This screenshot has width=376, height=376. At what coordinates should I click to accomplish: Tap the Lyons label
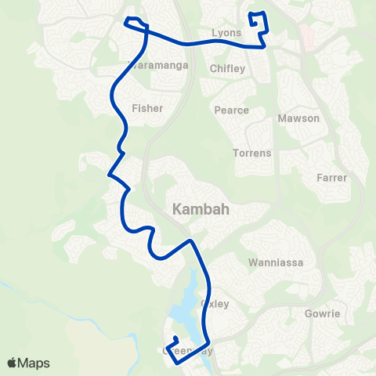tap(226, 34)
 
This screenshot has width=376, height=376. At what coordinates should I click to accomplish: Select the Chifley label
tap(228, 69)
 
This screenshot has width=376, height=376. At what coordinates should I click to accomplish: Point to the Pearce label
tap(232, 110)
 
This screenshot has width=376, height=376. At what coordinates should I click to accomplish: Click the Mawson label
tap(298, 118)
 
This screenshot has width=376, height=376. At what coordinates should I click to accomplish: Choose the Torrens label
tap(252, 153)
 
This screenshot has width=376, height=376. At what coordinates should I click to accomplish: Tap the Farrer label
tap(332, 178)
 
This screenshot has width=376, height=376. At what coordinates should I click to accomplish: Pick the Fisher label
tap(147, 108)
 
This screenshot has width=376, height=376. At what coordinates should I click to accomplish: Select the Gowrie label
tap(322, 313)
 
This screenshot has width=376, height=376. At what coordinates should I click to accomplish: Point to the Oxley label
tap(215, 303)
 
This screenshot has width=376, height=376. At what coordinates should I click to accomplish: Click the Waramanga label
tap(161, 66)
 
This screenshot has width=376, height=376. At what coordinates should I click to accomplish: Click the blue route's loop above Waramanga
tap(136, 23)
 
